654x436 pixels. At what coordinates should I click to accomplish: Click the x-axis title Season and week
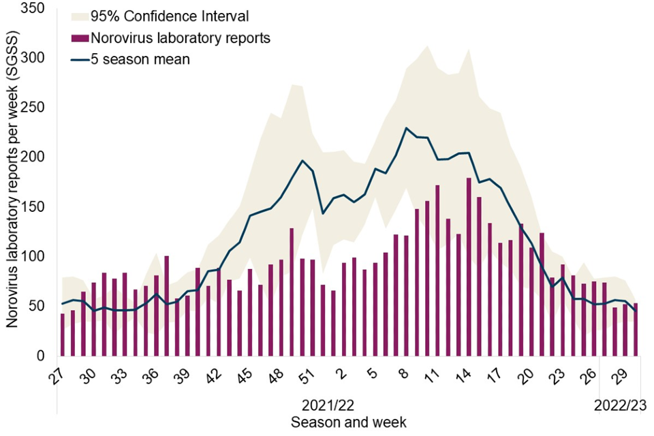click(349, 422)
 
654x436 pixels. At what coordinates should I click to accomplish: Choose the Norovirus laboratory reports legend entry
click(181, 38)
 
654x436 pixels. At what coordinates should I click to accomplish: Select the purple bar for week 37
click(167, 306)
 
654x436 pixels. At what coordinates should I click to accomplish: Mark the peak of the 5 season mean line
click(406, 128)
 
